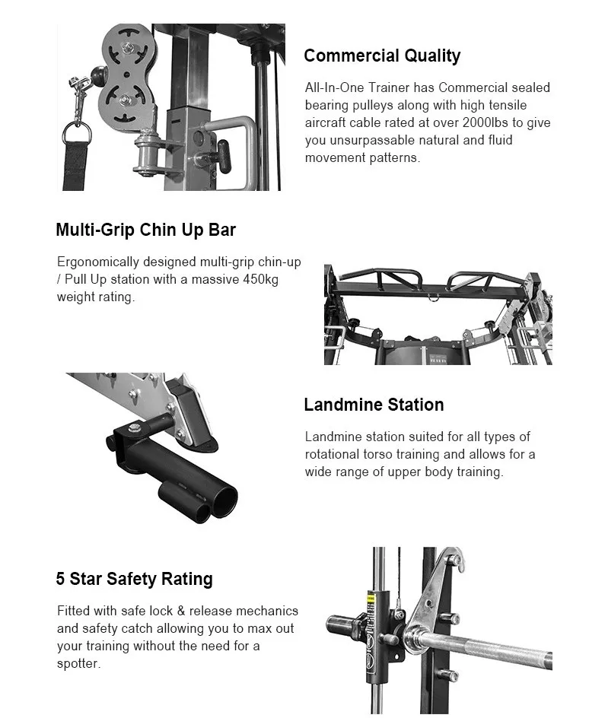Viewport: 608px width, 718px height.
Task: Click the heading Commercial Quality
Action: (382, 56)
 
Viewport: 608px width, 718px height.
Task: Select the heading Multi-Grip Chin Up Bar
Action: (145, 230)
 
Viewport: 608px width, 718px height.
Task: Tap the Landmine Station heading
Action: (374, 405)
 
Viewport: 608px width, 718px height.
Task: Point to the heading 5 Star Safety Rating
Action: (134, 579)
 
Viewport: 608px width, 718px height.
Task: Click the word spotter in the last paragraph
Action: (78, 663)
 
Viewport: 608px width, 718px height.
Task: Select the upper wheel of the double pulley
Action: (123, 50)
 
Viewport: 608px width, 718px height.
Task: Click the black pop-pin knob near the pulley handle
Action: (223, 154)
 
